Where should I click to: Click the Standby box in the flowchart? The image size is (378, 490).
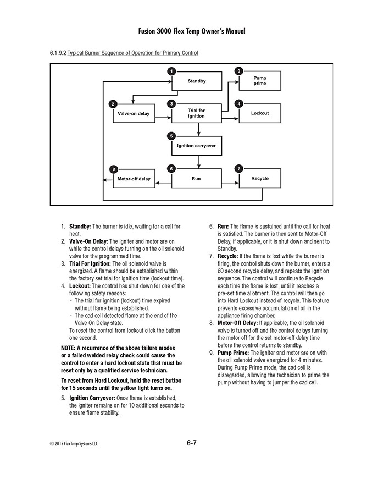(x=196, y=81)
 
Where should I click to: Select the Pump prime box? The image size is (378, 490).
(x=259, y=81)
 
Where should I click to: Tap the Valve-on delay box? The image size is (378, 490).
(x=133, y=113)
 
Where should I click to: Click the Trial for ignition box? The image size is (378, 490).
(x=196, y=113)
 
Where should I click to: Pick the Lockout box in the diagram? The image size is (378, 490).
(x=259, y=113)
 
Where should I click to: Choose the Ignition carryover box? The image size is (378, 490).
(x=196, y=146)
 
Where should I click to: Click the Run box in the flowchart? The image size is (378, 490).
(x=196, y=179)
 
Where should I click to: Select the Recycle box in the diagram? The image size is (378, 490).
(x=259, y=179)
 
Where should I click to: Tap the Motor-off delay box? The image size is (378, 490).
(x=133, y=179)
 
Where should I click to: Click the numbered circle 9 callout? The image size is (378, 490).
(x=238, y=71)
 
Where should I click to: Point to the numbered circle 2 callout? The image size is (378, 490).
(x=113, y=103)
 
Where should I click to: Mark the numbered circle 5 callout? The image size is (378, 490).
(x=172, y=136)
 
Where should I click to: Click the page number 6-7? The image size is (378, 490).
(x=188, y=442)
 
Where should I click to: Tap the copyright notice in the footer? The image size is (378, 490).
(x=75, y=443)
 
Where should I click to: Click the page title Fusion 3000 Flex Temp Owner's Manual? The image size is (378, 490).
(x=188, y=31)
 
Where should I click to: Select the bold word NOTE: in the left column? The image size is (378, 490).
(x=70, y=349)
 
